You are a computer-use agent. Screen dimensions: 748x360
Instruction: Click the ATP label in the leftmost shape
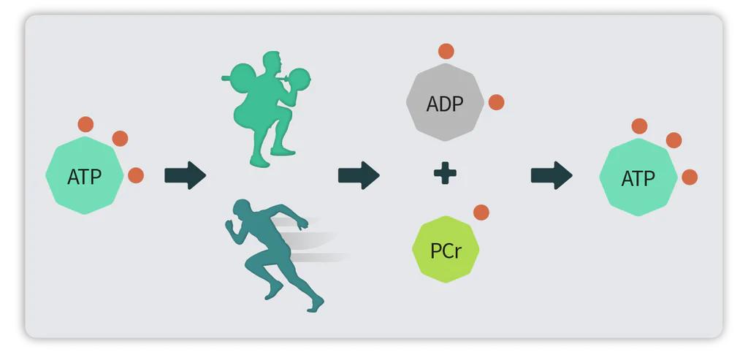click(x=85, y=177)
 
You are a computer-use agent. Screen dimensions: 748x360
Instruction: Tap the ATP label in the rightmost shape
click(x=638, y=179)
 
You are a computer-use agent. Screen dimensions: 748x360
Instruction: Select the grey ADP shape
click(x=445, y=102)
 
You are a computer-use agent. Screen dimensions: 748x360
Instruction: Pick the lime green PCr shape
click(x=446, y=250)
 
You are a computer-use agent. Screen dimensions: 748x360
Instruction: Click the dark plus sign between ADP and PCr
click(x=445, y=174)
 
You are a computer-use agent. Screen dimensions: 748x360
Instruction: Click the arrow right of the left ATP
click(x=185, y=175)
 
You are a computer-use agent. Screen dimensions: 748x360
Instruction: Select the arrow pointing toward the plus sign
click(x=359, y=175)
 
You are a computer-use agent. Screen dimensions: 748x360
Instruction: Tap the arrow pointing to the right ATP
click(x=552, y=175)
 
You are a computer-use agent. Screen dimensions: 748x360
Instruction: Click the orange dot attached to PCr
click(x=481, y=212)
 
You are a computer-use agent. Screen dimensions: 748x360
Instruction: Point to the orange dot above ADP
click(x=446, y=51)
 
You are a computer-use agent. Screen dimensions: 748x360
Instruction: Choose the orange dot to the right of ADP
click(x=496, y=102)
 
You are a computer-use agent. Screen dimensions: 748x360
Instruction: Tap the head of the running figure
click(x=241, y=208)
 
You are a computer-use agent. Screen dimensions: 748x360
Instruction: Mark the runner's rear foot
click(x=273, y=291)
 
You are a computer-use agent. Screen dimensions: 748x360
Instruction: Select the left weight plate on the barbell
click(x=243, y=77)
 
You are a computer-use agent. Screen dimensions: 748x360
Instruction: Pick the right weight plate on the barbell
click(x=299, y=78)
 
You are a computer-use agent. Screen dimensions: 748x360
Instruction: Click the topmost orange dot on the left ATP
click(x=85, y=124)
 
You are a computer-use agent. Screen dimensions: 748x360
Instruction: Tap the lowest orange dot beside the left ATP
click(x=136, y=175)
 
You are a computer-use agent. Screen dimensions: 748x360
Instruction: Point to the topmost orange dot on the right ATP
click(x=639, y=126)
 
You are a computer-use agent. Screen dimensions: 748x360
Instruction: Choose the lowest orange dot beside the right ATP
click(x=690, y=177)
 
